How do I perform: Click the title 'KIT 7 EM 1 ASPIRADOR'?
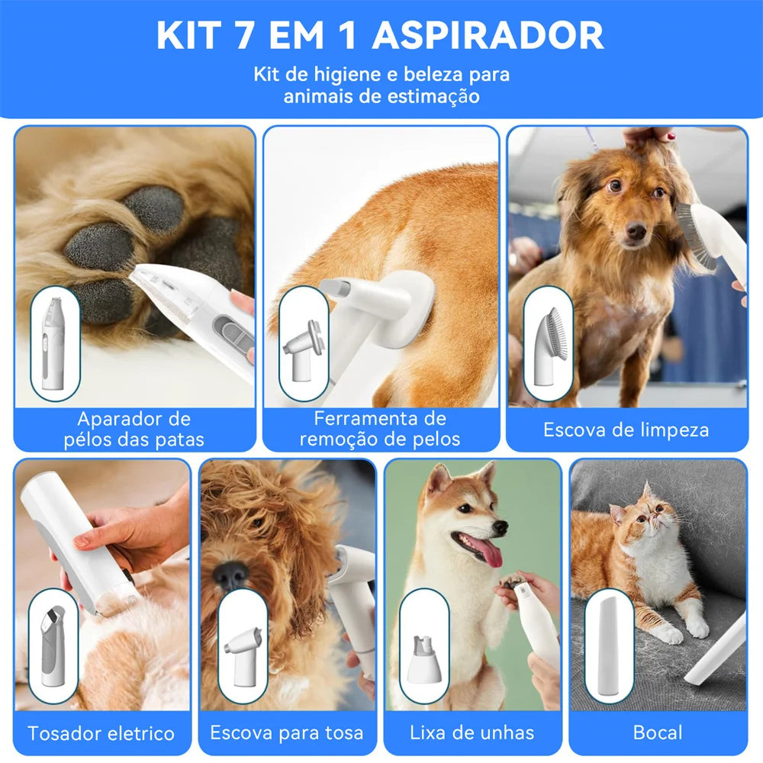click(x=379, y=35)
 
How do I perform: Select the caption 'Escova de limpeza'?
click(x=626, y=430)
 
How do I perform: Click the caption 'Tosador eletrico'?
click(x=101, y=733)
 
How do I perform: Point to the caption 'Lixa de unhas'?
click(x=472, y=733)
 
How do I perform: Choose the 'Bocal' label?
click(x=657, y=733)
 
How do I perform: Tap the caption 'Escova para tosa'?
click(x=287, y=733)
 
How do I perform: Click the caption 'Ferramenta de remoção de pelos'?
click(x=379, y=429)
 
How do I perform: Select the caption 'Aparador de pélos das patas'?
click(x=134, y=429)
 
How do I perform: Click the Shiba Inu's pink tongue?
click(x=490, y=551)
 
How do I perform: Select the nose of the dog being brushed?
click(x=635, y=230)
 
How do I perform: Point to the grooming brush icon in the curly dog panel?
click(x=243, y=645)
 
